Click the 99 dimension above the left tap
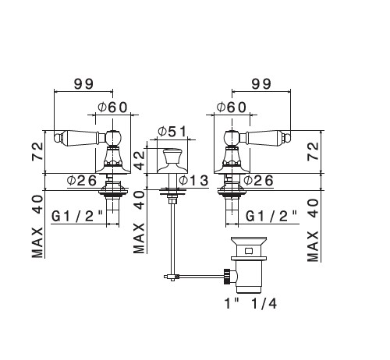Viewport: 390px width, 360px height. tap(83, 84)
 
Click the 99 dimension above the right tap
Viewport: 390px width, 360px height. tap(261, 84)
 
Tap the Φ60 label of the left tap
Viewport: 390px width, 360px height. tap(112, 107)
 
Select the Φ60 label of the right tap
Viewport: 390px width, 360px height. tap(231, 107)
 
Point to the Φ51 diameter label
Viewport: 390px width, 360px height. tap(172, 132)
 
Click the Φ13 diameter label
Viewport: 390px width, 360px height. tap(193, 180)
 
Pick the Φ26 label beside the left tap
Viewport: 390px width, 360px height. tap(82, 180)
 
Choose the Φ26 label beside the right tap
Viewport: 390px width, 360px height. tap(259, 180)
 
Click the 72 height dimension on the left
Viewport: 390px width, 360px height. tap(37, 151)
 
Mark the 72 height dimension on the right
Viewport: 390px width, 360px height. tap(313, 151)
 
